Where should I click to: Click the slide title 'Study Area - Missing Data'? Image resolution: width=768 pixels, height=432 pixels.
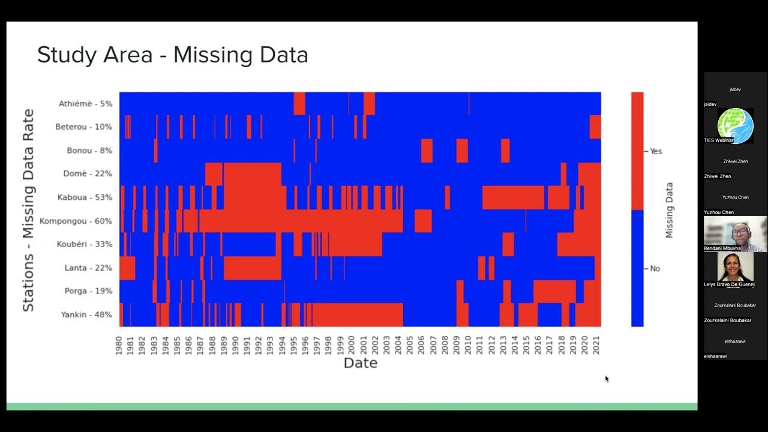(173, 55)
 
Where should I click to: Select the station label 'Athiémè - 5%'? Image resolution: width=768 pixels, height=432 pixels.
(85, 104)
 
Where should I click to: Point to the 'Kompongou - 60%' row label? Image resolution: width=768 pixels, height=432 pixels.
(76, 221)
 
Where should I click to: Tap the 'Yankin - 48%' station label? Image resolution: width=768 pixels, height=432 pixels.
(86, 314)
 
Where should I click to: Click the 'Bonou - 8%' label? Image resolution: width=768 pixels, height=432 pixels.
(89, 151)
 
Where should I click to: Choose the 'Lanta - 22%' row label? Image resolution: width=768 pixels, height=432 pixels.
(88, 268)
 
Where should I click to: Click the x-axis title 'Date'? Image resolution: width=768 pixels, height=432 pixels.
(360, 363)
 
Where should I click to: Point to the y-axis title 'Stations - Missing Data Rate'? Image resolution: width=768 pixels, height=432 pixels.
(28, 210)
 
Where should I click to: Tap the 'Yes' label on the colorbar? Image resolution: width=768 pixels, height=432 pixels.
(656, 151)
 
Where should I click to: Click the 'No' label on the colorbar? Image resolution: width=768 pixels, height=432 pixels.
(655, 268)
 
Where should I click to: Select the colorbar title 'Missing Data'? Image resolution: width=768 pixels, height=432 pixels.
(670, 210)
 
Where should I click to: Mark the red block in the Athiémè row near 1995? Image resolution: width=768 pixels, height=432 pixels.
(299, 103)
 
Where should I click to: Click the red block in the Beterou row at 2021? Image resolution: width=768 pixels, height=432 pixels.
(595, 127)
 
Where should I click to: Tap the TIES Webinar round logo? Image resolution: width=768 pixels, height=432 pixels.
(735, 126)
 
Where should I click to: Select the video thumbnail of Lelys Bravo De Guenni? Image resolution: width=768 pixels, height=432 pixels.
(735, 267)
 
